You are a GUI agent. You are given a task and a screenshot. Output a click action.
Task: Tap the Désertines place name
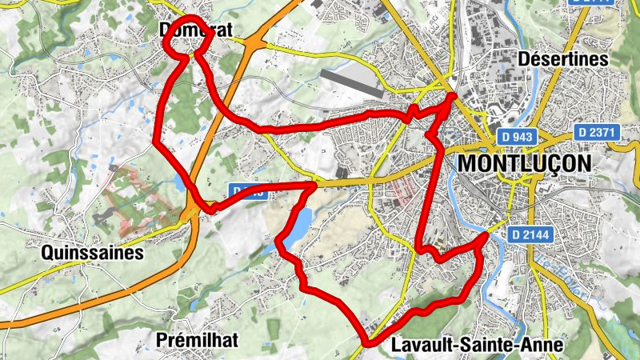point(563,59)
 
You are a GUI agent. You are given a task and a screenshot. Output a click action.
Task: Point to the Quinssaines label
point(92,254)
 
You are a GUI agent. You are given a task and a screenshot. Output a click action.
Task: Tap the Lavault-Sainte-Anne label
point(478,346)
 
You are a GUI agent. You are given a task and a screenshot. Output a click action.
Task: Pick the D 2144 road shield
point(536,234)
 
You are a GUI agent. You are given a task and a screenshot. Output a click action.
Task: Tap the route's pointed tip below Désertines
point(453,97)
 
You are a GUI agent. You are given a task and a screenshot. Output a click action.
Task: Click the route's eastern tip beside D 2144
point(486,236)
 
